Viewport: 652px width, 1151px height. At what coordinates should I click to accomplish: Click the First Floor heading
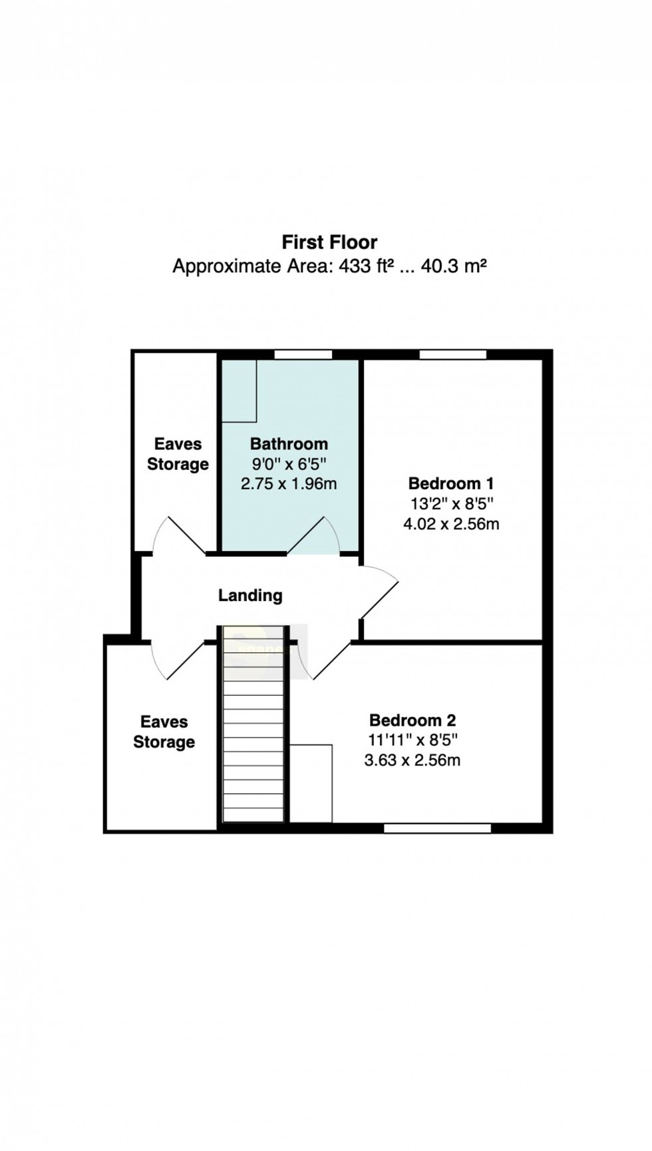329,242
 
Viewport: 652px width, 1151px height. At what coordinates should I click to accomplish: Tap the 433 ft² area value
367,266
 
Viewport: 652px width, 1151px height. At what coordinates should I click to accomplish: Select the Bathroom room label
289,444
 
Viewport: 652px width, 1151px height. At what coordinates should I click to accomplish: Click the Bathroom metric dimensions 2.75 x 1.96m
289,484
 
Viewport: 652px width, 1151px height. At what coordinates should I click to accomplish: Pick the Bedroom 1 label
451,483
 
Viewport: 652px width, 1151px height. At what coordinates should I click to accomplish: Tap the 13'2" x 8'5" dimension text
451,503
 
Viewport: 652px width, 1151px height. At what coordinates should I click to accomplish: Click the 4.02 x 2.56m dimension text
451,524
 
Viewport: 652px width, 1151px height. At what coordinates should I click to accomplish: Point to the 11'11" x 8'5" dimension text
412,740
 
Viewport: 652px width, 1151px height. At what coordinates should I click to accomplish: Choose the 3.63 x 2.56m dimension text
412,760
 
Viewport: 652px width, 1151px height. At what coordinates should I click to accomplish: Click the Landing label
250,595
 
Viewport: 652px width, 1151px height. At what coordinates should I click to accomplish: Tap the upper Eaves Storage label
178,454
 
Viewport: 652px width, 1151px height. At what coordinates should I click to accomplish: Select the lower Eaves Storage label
164,732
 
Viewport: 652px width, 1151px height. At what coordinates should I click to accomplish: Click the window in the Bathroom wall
303,355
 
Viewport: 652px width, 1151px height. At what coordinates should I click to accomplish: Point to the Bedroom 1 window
452,355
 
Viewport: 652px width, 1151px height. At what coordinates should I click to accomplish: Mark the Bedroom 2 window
438,828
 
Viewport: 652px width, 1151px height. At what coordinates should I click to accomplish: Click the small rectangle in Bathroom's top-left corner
240,391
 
